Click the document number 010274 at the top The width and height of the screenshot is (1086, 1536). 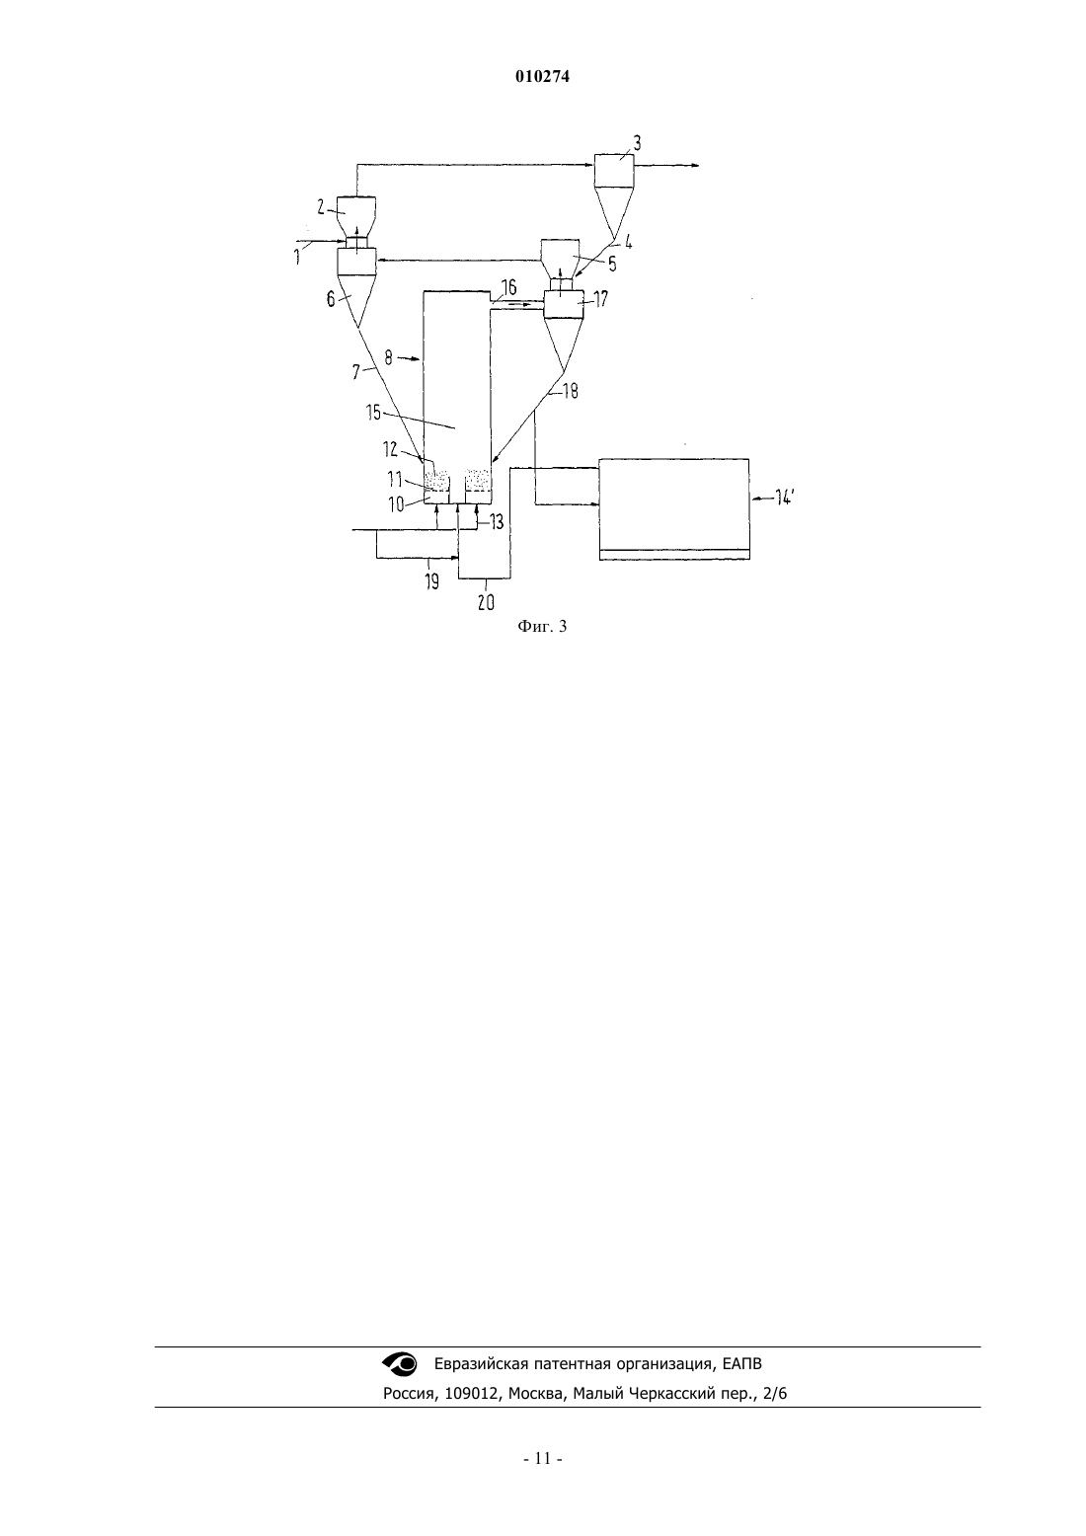[x=542, y=77]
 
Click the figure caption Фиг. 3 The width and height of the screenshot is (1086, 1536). [x=542, y=626]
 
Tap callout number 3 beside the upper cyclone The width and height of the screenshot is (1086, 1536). [x=637, y=143]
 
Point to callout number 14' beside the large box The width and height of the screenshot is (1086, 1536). [x=784, y=499]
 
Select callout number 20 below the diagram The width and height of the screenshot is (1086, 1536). [x=486, y=602]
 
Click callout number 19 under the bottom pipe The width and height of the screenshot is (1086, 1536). [x=431, y=581]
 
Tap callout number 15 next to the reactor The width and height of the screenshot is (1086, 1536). [x=373, y=412]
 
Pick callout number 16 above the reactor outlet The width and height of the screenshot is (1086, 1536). [x=508, y=286]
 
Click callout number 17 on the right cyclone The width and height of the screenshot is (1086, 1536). [x=600, y=299]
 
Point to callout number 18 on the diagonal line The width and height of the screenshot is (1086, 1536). [x=571, y=391]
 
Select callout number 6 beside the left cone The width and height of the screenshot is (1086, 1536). [x=331, y=299]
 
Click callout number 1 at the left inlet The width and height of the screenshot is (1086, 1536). [x=297, y=258]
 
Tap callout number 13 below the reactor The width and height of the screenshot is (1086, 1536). [x=496, y=522]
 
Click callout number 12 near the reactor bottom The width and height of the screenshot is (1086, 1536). [x=390, y=449]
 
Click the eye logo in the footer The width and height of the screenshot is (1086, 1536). [x=399, y=1363]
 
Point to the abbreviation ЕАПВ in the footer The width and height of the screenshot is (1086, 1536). [x=742, y=1364]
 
